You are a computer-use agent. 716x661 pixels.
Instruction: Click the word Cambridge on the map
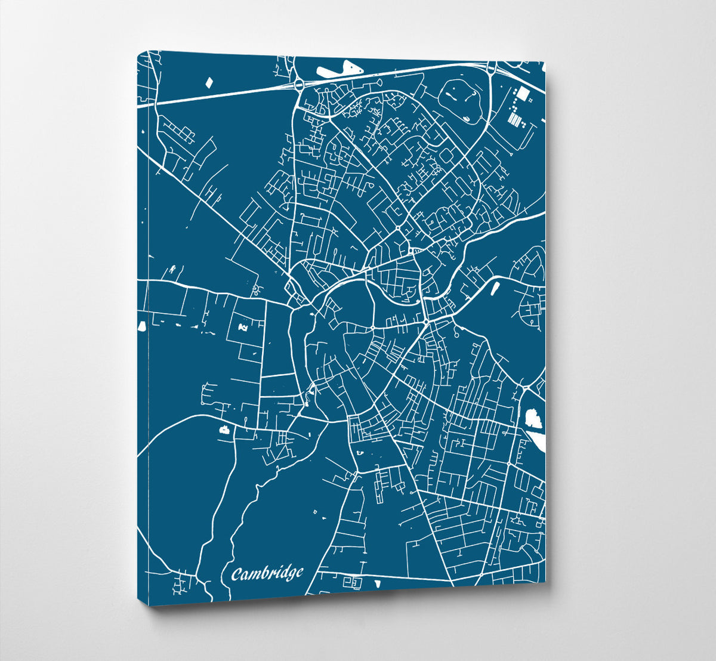[x=267, y=574]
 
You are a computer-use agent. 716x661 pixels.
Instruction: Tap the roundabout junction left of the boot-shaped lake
[x=298, y=86]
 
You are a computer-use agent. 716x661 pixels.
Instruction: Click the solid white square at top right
[x=523, y=93]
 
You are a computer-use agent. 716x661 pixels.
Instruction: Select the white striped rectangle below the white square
[x=514, y=119]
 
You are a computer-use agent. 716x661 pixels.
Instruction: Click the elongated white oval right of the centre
[x=493, y=289]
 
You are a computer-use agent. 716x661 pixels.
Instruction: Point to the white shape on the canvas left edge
[x=142, y=326]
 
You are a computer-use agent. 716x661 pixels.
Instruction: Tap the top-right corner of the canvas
[x=545, y=63]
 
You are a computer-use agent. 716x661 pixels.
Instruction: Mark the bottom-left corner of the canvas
[x=149, y=606]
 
